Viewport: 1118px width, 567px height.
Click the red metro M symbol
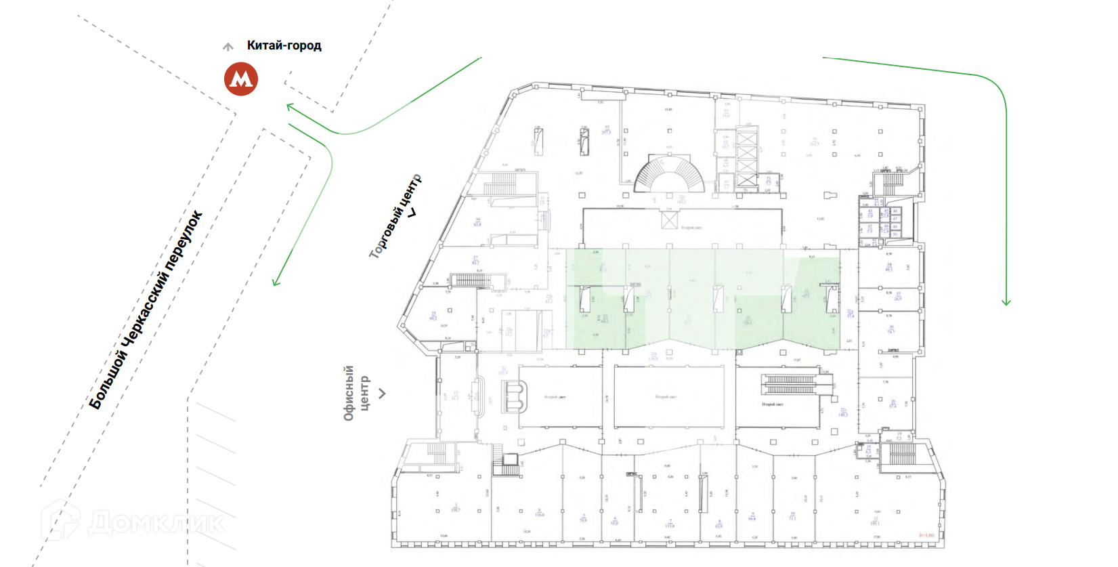241,79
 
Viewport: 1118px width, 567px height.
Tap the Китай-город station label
284,45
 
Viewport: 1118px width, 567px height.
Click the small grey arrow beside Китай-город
228,47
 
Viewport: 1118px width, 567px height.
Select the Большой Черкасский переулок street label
146,310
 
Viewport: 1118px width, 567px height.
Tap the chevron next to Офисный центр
383,394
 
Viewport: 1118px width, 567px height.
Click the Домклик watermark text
156,523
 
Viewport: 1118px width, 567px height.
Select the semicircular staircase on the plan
668,174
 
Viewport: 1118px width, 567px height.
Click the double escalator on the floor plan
790,384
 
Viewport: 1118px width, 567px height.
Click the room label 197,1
874,522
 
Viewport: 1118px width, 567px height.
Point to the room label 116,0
540,513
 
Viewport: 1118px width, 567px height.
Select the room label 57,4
893,404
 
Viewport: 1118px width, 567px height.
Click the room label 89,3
889,268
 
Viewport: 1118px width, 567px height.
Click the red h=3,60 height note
926,535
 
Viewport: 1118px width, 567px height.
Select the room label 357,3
606,130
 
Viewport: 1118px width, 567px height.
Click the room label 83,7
475,260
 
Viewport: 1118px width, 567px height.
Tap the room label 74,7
890,330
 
